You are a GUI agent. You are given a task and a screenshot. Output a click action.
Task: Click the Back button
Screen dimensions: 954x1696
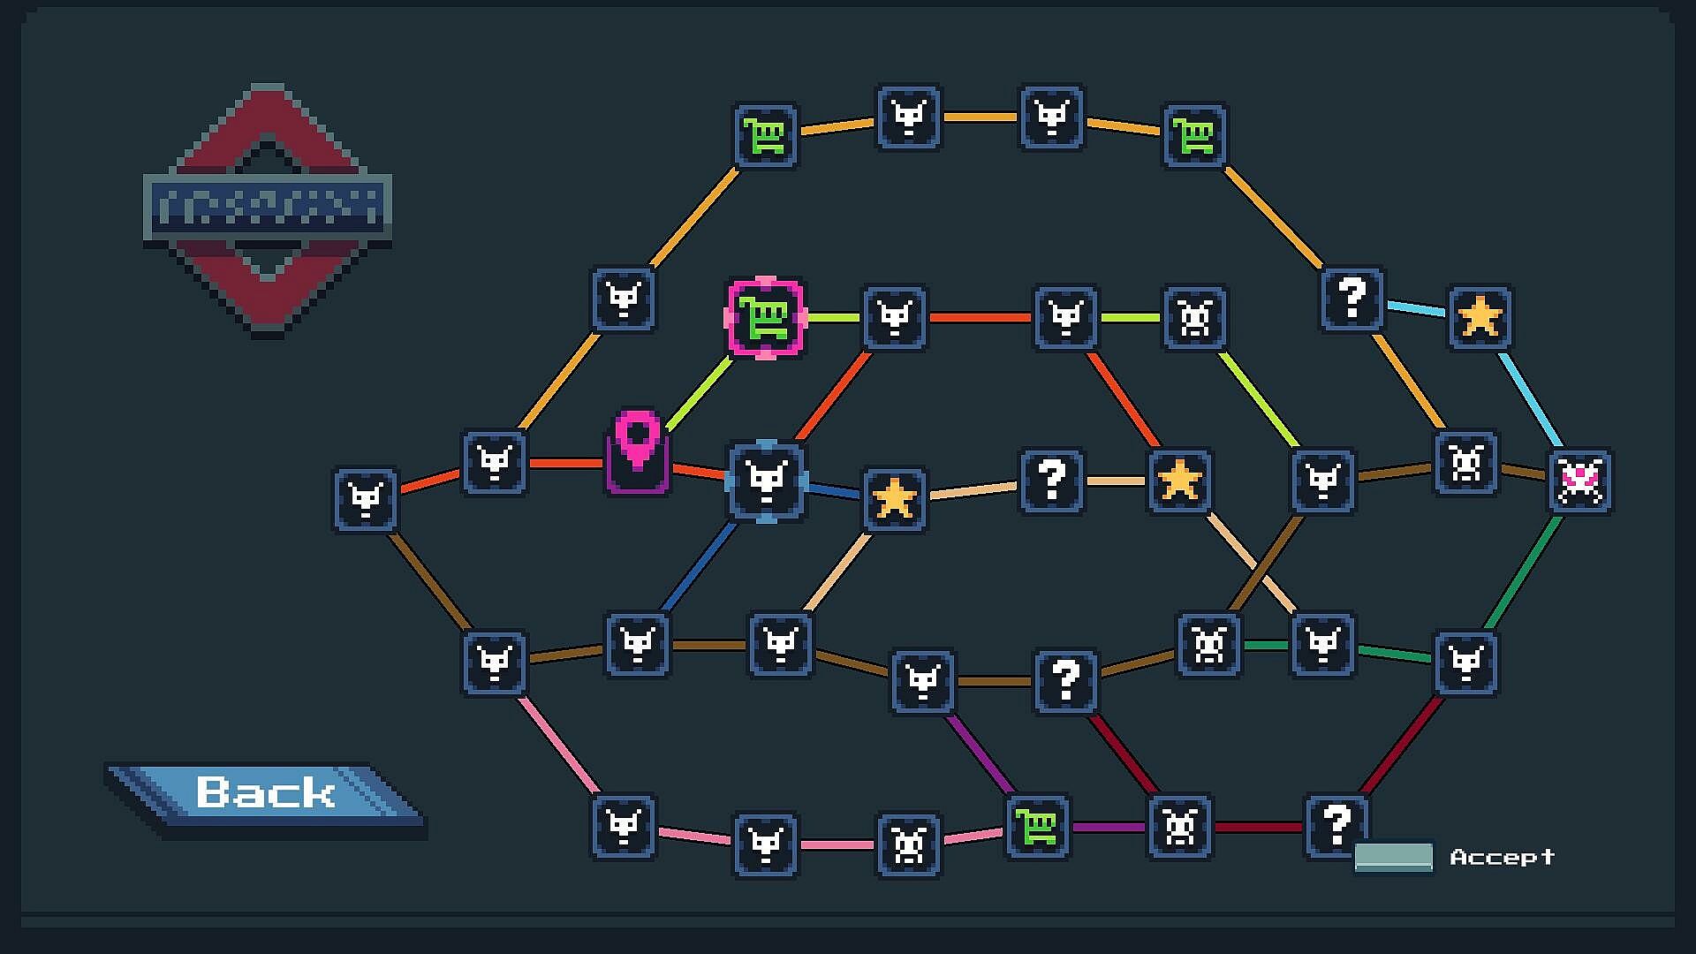pos(265,792)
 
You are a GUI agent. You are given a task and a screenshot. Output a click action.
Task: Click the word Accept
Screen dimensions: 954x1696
pos(1502,857)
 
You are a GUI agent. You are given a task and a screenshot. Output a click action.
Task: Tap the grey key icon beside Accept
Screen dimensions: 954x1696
pos(1393,857)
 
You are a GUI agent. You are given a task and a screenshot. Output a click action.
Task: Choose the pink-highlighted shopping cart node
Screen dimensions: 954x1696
pos(766,318)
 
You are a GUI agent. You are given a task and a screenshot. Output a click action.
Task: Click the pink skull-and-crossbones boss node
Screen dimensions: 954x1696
pos(1580,481)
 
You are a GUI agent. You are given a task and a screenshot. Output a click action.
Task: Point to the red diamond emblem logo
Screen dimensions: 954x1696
pos(267,209)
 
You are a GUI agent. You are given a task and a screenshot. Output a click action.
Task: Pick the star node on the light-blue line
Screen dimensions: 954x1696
pos(1480,317)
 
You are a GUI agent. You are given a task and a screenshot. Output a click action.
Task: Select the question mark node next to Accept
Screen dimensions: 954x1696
pos(1336,826)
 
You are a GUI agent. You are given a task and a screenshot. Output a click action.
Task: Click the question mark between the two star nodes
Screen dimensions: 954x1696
pos(1051,481)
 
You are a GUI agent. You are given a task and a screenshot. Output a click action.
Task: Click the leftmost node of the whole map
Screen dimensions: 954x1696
pos(366,500)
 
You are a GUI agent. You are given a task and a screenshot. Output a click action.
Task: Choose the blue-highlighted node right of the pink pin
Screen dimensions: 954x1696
pos(766,481)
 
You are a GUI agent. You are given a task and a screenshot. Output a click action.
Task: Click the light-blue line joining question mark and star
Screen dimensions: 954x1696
pos(1416,308)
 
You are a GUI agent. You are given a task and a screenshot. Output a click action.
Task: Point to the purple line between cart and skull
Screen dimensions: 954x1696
pos(1108,828)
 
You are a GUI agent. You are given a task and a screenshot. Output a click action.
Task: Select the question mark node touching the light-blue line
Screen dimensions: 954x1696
pos(1351,299)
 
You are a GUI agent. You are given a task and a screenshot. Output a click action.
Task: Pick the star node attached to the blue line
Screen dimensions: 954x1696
pos(894,499)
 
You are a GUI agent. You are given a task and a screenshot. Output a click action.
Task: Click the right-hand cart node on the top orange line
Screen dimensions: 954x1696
pos(1194,136)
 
